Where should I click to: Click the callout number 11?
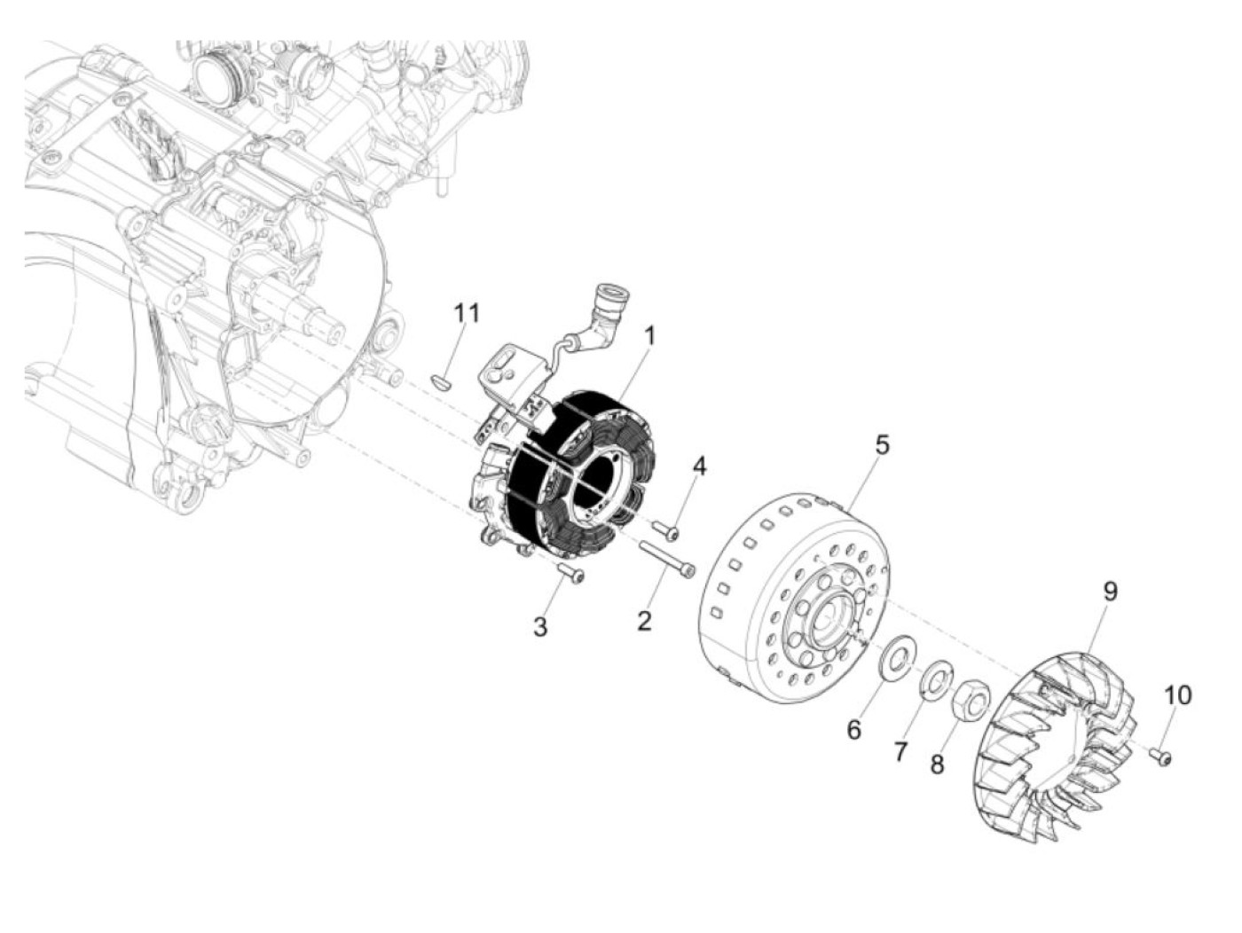pos(467,313)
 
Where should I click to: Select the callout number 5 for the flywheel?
pos(881,445)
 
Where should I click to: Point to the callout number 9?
pos(1111,592)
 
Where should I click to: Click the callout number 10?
pos(1178,695)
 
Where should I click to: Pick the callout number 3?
pos(540,627)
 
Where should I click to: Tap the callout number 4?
pos(700,466)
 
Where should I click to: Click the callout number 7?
pos(900,752)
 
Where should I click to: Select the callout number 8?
pos(937,764)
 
